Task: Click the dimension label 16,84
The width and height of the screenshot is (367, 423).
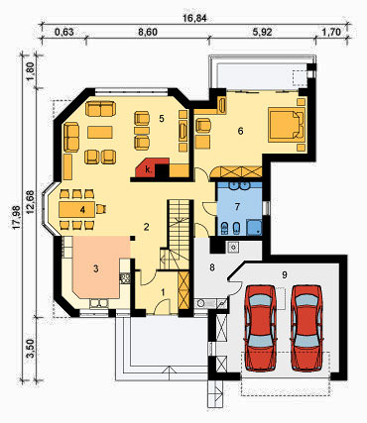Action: [x=195, y=19]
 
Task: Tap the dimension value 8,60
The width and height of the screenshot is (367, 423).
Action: [x=148, y=32]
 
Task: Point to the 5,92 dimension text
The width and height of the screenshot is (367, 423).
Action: [x=262, y=32]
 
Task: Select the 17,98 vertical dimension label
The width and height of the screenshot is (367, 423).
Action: [x=18, y=217]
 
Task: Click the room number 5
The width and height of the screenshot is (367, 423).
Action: [x=162, y=118]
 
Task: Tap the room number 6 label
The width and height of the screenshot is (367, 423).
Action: [x=240, y=131]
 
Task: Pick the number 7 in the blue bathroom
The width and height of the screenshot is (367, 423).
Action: [x=237, y=207]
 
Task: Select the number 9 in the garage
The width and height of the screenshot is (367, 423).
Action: [x=285, y=274]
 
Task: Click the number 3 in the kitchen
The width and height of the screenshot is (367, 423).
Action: [x=96, y=268]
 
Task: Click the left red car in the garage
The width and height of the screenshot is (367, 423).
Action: [x=261, y=327]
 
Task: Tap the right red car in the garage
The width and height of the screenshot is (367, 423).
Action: [x=306, y=327]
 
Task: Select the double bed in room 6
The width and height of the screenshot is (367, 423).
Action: [x=287, y=125]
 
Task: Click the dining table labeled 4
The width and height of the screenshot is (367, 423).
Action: [x=76, y=209]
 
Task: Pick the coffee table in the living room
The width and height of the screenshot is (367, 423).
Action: [x=100, y=132]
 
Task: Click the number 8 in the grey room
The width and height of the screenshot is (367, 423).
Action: [x=212, y=267]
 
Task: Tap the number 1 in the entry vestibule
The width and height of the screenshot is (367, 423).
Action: [x=163, y=292]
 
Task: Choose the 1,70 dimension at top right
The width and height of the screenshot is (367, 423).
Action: [x=330, y=32]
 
